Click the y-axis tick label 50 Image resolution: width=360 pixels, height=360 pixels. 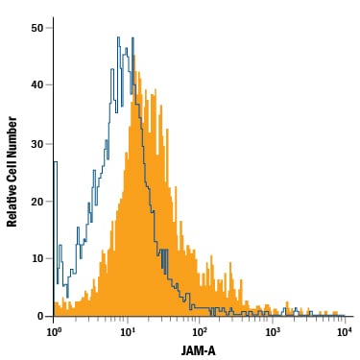36,28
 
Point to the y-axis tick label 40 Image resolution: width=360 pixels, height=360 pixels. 36,85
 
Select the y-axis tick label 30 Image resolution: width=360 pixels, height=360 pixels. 36,144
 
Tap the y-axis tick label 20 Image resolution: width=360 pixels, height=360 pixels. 36,202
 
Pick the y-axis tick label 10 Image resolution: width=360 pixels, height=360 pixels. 36,258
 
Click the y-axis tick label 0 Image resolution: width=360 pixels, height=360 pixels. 40,316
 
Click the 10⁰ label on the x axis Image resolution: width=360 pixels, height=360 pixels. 54,332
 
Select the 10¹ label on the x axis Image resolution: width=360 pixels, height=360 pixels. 126,332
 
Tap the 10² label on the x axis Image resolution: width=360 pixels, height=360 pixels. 199,332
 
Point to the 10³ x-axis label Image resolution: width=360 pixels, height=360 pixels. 271,332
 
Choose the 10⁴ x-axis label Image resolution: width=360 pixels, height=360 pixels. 344,332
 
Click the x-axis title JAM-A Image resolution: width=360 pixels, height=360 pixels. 199,350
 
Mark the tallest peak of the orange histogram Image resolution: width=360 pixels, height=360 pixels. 134,57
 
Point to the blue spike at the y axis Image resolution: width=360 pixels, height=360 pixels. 55,224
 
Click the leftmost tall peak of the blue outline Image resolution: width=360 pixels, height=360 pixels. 118,37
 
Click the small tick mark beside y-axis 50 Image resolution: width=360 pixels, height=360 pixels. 49,28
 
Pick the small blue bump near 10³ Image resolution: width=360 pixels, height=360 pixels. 283,310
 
